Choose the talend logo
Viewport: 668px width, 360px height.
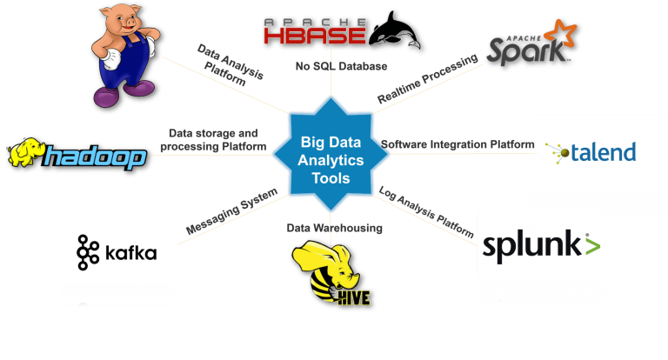[x=591, y=152]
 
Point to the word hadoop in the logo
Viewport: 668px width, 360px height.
[x=96, y=157]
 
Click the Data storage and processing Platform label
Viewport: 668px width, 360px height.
[x=212, y=139]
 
